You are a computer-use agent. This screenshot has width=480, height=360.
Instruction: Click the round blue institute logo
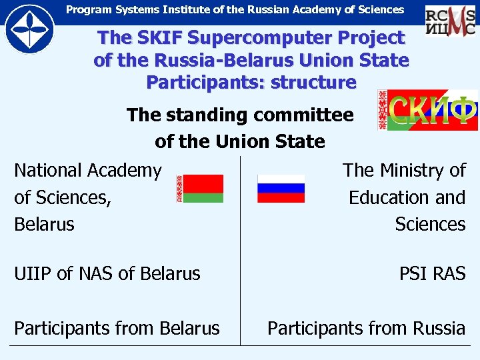tap(30, 29)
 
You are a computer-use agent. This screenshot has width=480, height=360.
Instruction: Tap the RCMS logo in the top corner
tap(450, 20)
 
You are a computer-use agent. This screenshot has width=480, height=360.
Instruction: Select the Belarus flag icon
tap(200, 189)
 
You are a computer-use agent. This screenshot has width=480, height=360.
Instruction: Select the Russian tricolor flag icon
tap(281, 189)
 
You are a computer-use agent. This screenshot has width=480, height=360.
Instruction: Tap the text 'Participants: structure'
tap(251, 83)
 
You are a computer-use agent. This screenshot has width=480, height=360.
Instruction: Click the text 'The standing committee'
tap(240, 115)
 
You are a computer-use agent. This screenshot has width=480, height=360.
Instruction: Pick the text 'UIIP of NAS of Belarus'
tap(107, 273)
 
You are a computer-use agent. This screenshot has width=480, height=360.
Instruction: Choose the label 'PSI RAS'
tap(432, 273)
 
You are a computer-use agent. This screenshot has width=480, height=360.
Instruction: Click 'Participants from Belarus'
tap(117, 328)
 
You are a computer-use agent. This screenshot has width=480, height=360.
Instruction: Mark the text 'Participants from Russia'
tap(366, 328)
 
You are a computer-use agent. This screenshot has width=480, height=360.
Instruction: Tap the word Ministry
tap(411, 171)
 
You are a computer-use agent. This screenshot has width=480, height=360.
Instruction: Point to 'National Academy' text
tap(88, 171)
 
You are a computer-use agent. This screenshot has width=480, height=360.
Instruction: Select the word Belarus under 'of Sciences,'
tap(44, 224)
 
